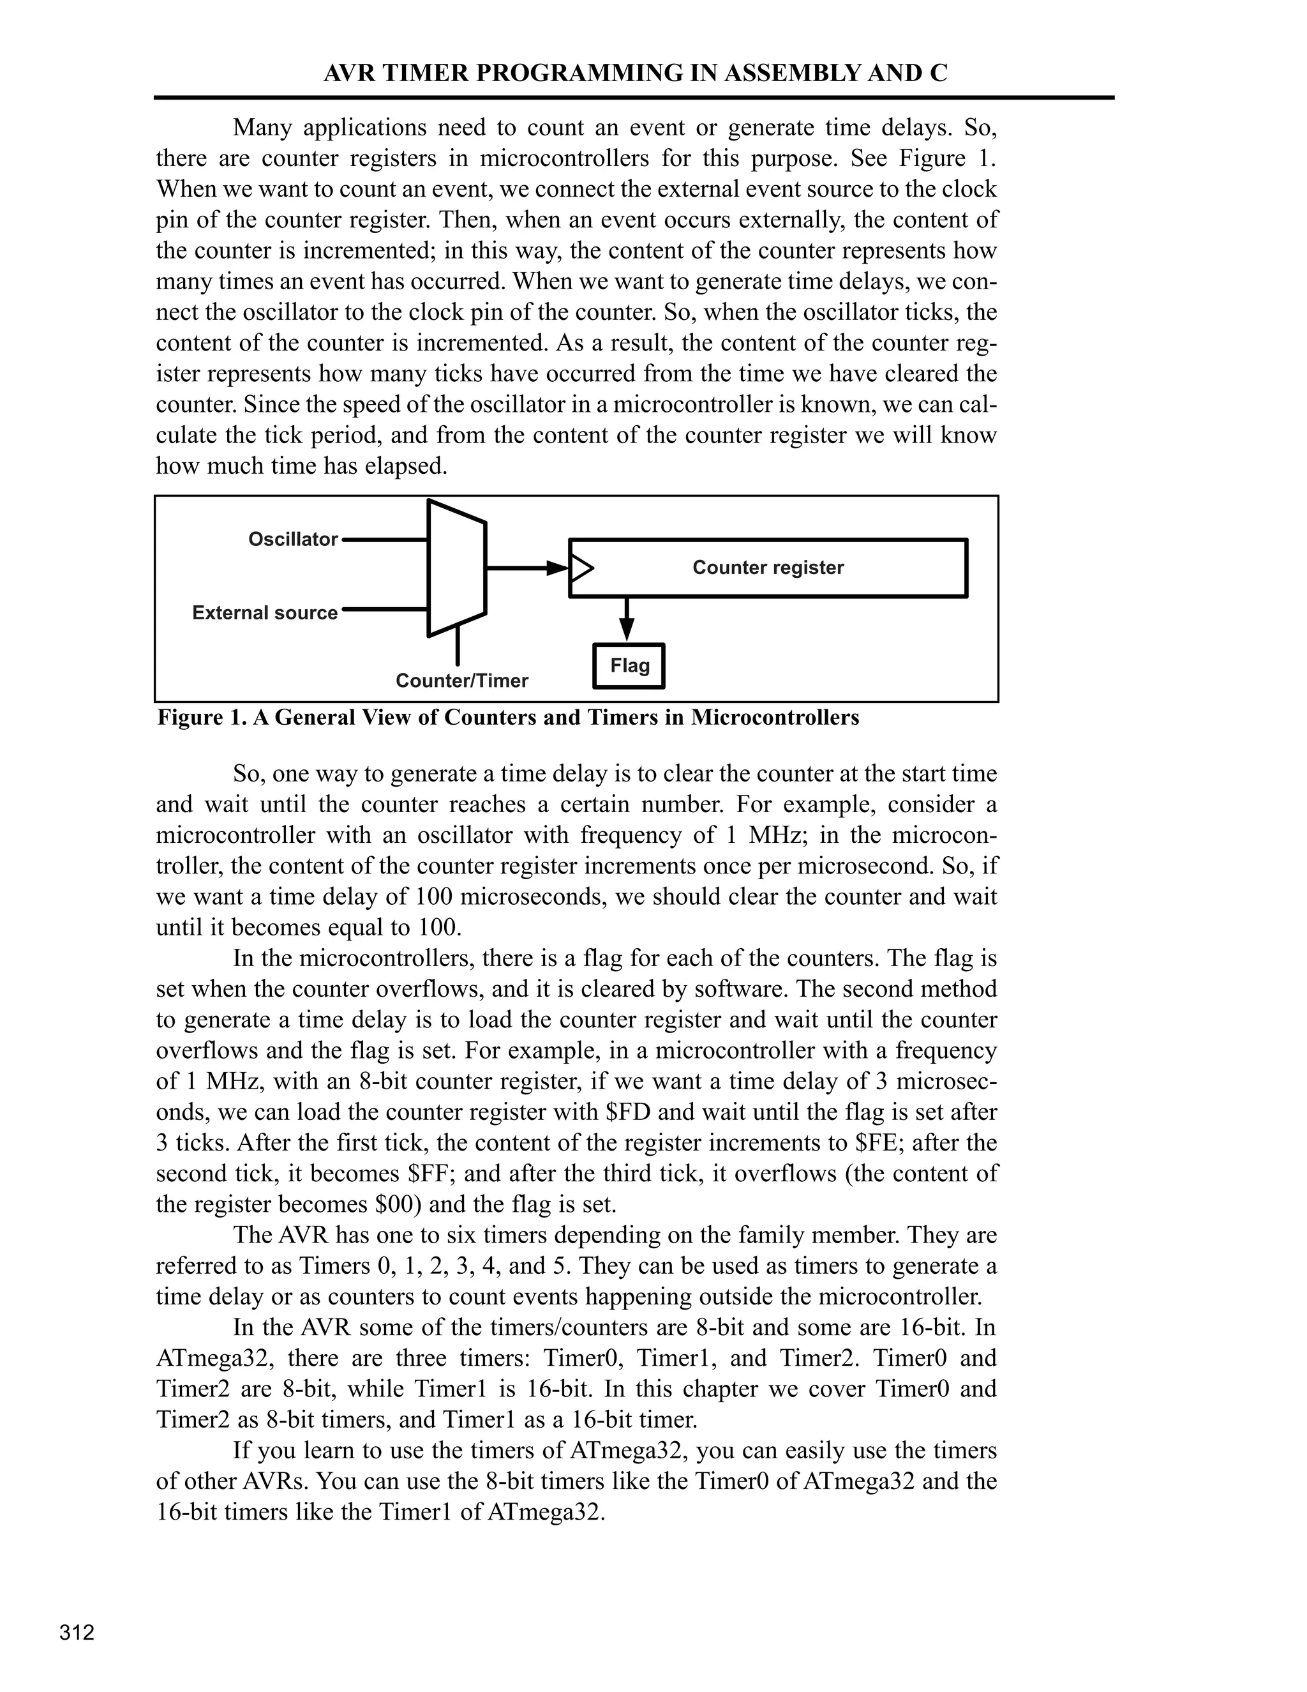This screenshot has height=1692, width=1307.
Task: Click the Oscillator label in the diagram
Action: coord(293,540)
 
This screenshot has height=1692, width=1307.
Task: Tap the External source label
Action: coord(265,613)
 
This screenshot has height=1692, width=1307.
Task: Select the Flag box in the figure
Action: coord(629,665)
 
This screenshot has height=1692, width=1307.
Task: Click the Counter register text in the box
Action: coord(767,568)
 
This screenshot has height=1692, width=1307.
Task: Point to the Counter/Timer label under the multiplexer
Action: coord(461,681)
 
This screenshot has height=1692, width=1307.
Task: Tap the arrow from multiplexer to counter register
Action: coord(527,568)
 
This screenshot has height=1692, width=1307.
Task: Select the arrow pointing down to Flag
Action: coord(628,620)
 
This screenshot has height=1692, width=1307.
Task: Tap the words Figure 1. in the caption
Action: coord(201,718)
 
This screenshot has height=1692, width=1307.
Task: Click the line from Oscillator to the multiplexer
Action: coord(384,540)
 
